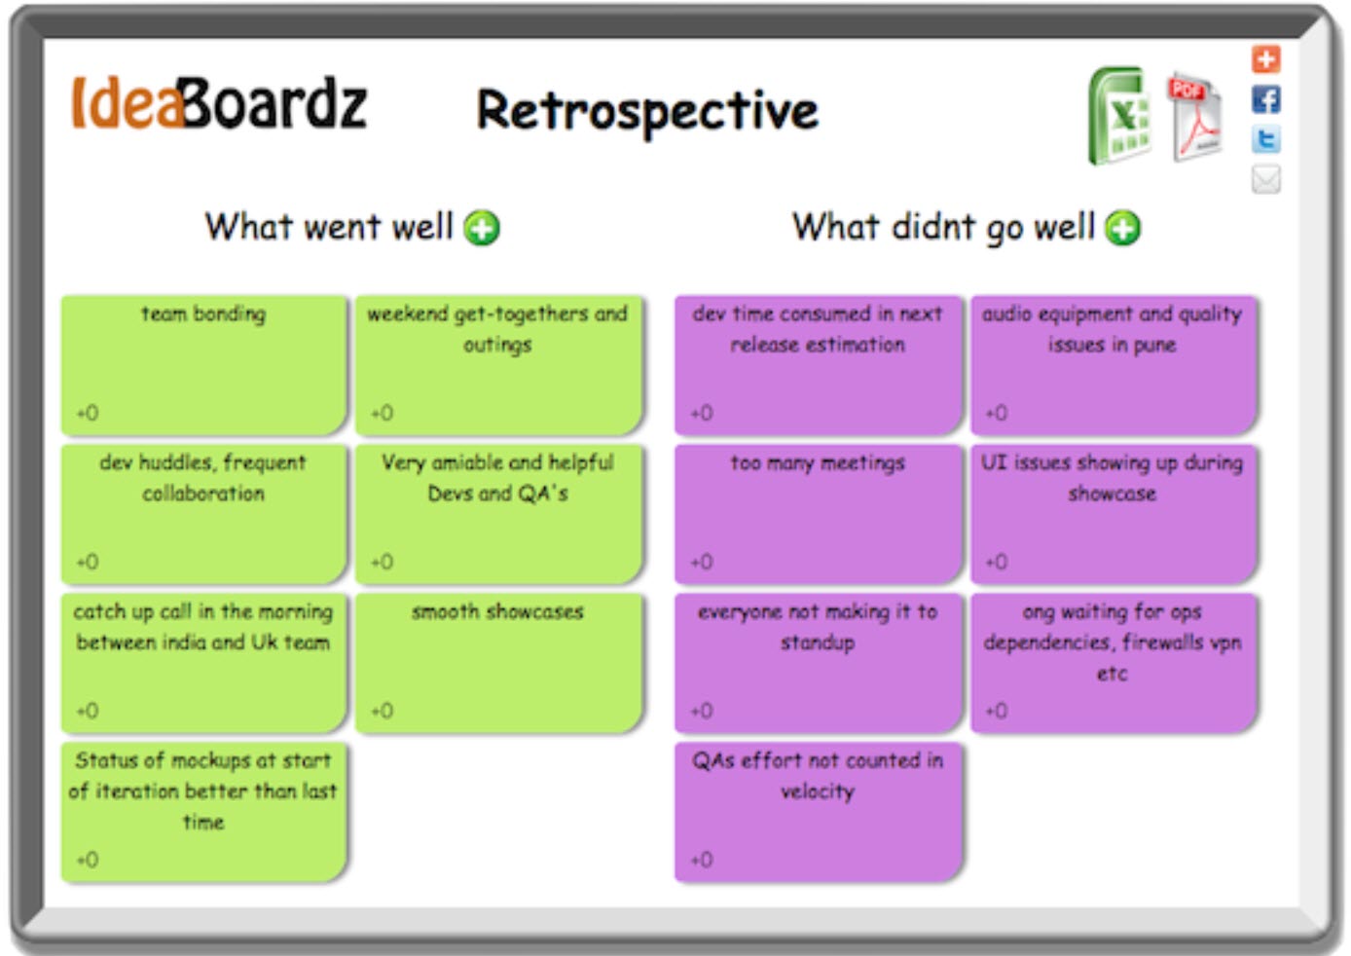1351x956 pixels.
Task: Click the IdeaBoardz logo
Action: coord(219,104)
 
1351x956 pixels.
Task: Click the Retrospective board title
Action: coord(646,110)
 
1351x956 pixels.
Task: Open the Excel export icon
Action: coord(1119,117)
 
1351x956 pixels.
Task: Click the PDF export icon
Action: coord(1194,118)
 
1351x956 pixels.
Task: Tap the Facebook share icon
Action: coord(1265,99)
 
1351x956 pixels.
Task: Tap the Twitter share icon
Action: coord(1265,139)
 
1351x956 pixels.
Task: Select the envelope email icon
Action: coord(1265,179)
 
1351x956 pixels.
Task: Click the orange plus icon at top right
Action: coord(1265,59)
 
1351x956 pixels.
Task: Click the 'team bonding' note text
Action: coord(202,314)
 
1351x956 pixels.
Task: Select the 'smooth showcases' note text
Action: coord(497,612)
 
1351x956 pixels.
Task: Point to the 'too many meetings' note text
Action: coord(818,463)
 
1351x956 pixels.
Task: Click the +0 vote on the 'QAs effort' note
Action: coord(702,860)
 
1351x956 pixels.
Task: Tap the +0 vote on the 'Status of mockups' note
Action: coord(88,860)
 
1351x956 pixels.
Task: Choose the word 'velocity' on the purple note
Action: coord(818,791)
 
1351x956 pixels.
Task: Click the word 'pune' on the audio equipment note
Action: coord(1154,346)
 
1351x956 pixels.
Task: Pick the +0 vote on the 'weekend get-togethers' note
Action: coord(382,413)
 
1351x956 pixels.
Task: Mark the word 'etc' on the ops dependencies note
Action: coord(1112,674)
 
